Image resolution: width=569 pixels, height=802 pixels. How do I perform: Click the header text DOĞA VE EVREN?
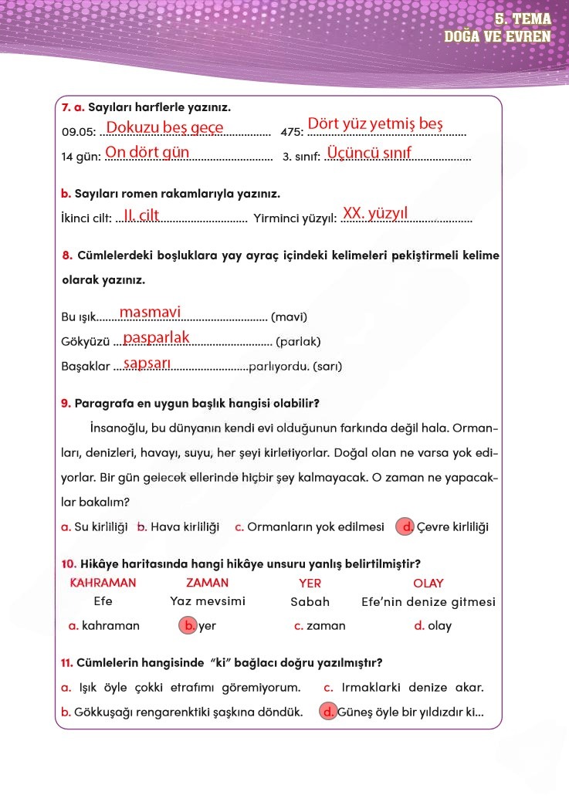tap(497, 36)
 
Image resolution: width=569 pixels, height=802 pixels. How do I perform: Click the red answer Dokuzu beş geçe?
tap(164, 127)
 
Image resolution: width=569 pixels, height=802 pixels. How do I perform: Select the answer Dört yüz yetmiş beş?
tap(375, 124)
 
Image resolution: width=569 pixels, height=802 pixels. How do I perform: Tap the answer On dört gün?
tap(147, 152)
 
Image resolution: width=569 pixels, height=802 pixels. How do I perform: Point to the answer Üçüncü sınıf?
tap(370, 152)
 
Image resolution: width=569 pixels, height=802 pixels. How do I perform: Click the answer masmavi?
tap(150, 312)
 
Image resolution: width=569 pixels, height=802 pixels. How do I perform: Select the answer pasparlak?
tap(156, 337)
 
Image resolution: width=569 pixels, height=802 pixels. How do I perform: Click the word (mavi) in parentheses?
tap(290, 317)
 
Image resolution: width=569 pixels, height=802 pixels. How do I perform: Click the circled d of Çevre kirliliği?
tap(405, 527)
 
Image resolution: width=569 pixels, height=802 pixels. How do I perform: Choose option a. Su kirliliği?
tap(94, 527)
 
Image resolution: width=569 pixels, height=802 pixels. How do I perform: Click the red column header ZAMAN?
tap(207, 583)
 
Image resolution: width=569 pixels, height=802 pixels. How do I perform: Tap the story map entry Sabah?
tap(310, 602)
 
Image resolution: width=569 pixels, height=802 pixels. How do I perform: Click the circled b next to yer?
tap(188, 626)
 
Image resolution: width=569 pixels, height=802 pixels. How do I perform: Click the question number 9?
tap(66, 403)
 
